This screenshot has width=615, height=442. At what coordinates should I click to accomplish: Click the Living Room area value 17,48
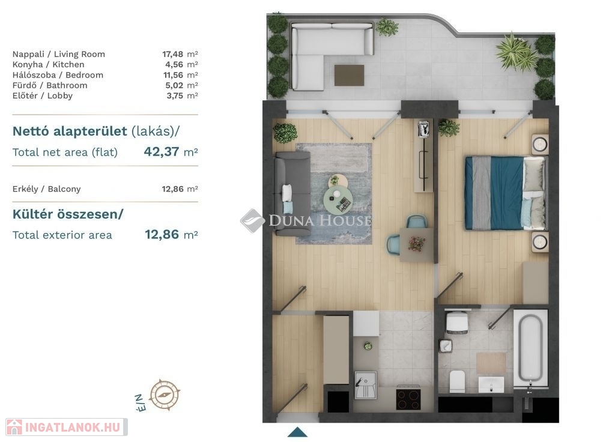click(x=172, y=54)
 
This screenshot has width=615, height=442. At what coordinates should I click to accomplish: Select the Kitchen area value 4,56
click(x=174, y=64)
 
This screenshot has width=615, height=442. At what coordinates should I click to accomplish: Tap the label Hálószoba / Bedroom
click(x=58, y=75)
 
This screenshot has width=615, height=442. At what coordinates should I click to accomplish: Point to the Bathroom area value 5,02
click(x=174, y=85)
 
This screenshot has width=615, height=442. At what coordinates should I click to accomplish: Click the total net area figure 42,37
click(x=162, y=151)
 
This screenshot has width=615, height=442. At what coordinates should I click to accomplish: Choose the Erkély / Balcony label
click(x=46, y=189)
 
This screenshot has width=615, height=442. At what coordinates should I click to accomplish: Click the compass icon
click(x=165, y=394)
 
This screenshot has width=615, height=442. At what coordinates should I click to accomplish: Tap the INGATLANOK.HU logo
click(x=67, y=427)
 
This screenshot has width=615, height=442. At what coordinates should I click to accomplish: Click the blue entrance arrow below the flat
click(x=298, y=432)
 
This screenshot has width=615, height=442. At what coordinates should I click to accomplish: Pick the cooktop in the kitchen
click(x=408, y=398)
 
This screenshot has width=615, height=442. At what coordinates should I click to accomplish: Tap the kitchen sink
click(x=366, y=386)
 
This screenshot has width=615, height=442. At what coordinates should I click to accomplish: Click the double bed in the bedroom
click(x=505, y=193)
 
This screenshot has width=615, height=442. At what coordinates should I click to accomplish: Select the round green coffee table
click(x=338, y=200)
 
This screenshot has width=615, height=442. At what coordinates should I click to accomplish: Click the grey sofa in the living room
click(x=292, y=194)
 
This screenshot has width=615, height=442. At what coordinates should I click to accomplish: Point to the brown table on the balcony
click(x=349, y=75)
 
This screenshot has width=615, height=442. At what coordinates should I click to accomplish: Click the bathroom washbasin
click(x=491, y=384)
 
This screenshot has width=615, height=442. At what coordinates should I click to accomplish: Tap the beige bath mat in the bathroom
click(x=491, y=363)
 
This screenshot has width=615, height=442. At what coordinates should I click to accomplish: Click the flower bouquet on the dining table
click(x=416, y=244)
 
